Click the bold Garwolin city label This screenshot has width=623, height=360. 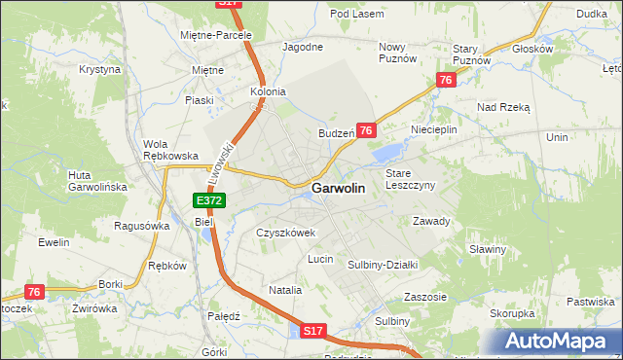(x=339, y=189)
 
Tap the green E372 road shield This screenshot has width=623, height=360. (x=209, y=200)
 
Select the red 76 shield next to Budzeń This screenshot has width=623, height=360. (x=366, y=130)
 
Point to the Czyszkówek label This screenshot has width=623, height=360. (x=286, y=234)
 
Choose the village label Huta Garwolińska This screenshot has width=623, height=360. (x=92, y=181)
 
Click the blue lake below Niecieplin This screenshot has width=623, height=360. (x=387, y=151)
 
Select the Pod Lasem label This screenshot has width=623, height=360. (x=352, y=14)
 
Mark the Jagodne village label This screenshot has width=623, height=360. (x=302, y=47)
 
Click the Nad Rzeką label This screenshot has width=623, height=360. (x=502, y=107)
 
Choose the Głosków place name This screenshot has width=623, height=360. (x=532, y=48)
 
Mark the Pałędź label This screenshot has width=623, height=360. (x=224, y=316)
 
